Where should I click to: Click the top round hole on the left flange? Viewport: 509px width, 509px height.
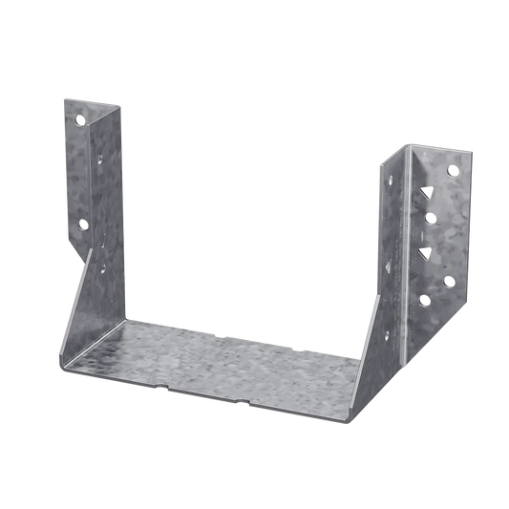coord(80,120)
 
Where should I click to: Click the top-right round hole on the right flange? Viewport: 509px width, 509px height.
coord(453,170)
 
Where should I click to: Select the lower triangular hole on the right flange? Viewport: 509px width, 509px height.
coord(426,252)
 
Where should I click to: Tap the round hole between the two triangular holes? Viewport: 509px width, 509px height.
coord(430,218)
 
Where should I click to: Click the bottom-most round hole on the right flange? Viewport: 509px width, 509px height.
coord(424,300)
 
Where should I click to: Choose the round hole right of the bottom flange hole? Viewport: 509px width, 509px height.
coord(449,283)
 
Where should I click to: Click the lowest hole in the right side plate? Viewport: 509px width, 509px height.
coord(387,334)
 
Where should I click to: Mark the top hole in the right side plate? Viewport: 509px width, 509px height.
coord(391,179)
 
